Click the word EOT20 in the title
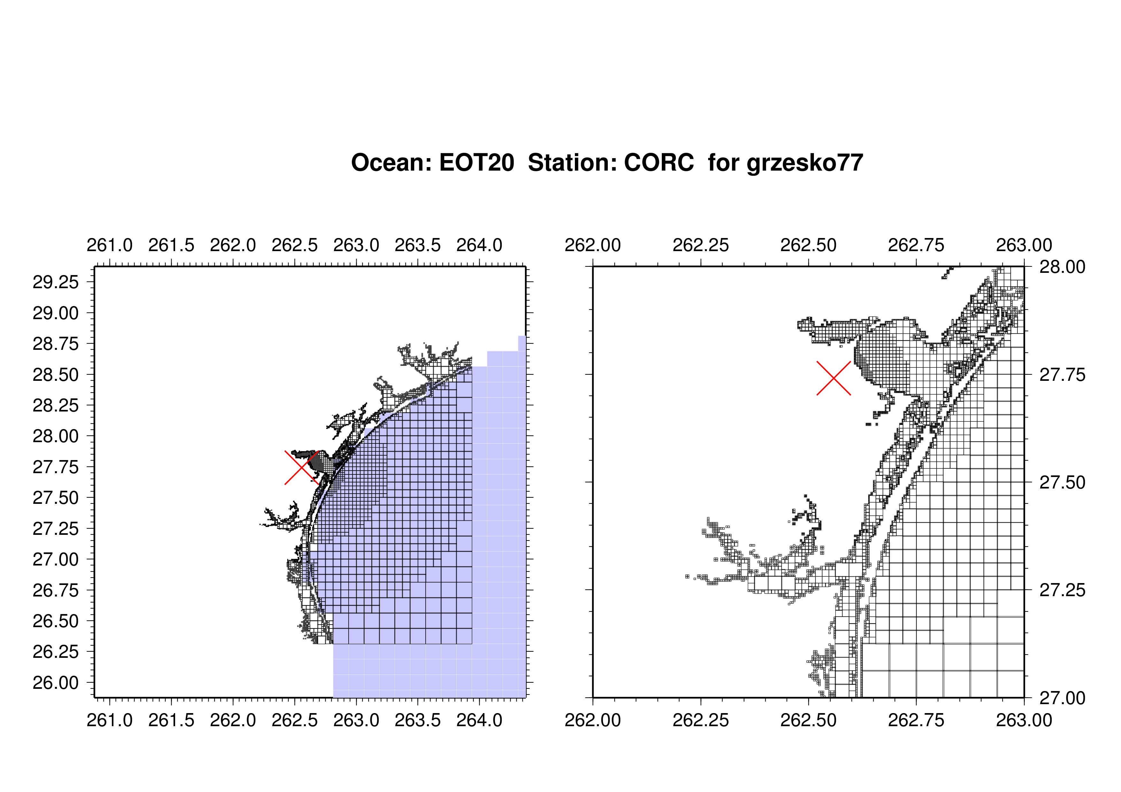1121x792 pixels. (x=476, y=163)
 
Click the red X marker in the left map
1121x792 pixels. (x=302, y=467)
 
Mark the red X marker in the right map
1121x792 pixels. (x=834, y=378)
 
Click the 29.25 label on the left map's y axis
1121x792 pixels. (x=56, y=282)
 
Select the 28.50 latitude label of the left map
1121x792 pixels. (x=56, y=375)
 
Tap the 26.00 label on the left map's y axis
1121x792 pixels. (x=56, y=683)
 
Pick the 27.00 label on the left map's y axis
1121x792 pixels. (x=56, y=559)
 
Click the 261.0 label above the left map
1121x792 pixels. (x=110, y=245)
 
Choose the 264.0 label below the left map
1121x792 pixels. (x=479, y=720)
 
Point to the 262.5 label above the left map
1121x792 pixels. (x=294, y=245)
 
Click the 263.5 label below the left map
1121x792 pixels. (x=418, y=720)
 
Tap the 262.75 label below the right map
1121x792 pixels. (x=916, y=720)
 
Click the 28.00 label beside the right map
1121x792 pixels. (x=1063, y=267)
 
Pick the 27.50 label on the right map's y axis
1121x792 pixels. (x=1063, y=483)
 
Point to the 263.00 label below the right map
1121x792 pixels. (x=1024, y=720)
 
